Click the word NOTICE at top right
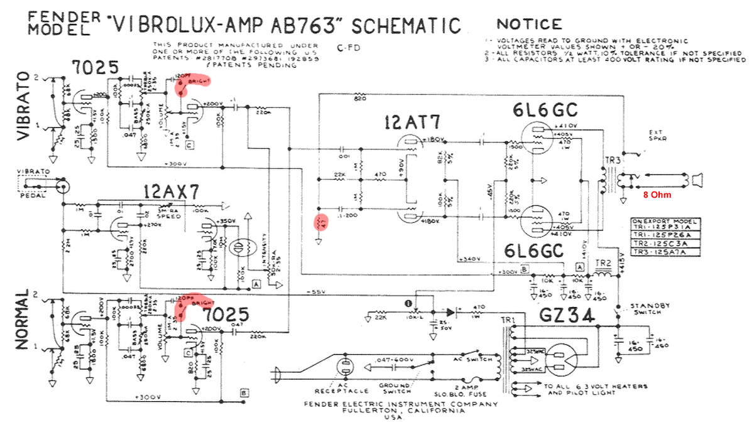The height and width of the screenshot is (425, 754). [x=529, y=24]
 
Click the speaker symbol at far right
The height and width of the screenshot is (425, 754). [x=696, y=181]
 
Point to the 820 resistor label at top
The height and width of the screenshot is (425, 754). [x=360, y=99]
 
